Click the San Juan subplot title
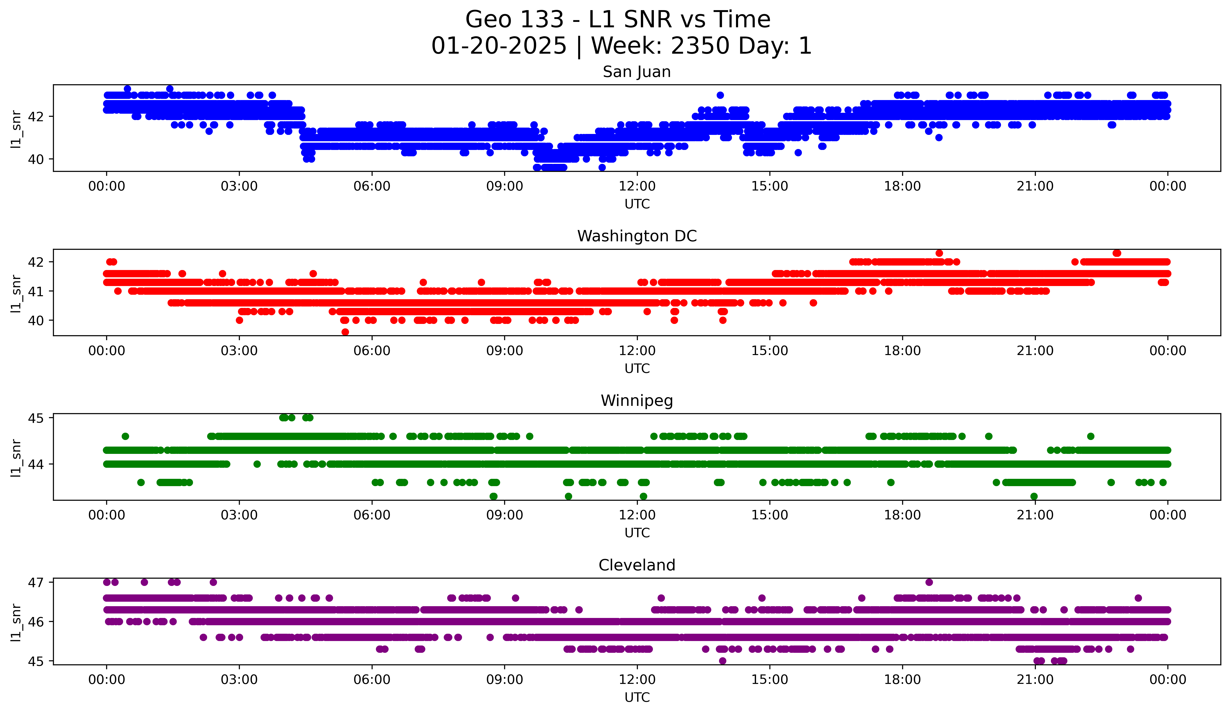(x=636, y=72)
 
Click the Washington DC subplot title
(x=636, y=236)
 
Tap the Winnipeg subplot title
(x=636, y=401)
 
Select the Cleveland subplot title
(x=636, y=565)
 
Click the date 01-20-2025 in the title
(x=499, y=46)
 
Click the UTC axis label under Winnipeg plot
(x=637, y=533)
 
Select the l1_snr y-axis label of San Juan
(x=16, y=129)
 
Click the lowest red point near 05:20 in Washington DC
(x=345, y=332)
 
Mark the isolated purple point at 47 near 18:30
(x=929, y=582)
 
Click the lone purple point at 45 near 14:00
(x=722, y=661)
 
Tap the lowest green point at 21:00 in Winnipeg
(x=1034, y=496)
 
